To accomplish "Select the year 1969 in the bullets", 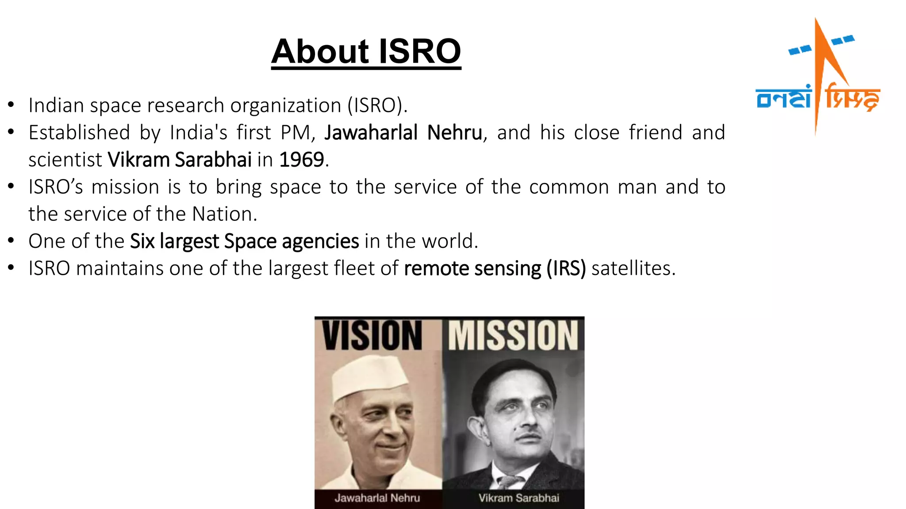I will coord(302,160).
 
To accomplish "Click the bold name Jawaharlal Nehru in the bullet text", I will coord(403,133).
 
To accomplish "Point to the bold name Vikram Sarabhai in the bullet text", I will coord(180,160).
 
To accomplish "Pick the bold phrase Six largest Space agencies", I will coord(244,241).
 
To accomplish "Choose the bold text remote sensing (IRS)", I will coord(495,268).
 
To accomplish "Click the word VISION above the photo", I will coord(372,336).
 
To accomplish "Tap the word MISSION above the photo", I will coord(513,336).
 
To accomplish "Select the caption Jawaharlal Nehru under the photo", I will coord(377,498).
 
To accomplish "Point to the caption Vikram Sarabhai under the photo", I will coord(518,498).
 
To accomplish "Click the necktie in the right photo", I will coord(509,481).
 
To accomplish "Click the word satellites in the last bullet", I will coord(633,268).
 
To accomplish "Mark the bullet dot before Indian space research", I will coord(11,105).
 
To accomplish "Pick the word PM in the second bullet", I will coord(296,133).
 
